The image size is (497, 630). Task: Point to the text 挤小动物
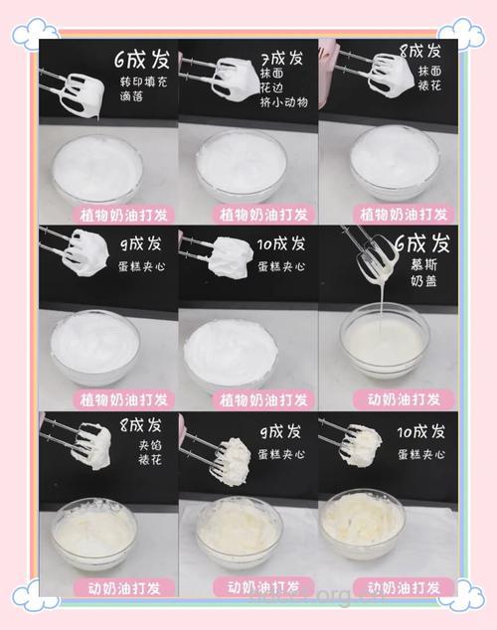(x=284, y=101)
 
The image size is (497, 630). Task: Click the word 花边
(x=271, y=86)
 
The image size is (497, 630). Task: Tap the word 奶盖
(x=420, y=282)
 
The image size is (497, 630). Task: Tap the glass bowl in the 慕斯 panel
(x=387, y=348)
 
